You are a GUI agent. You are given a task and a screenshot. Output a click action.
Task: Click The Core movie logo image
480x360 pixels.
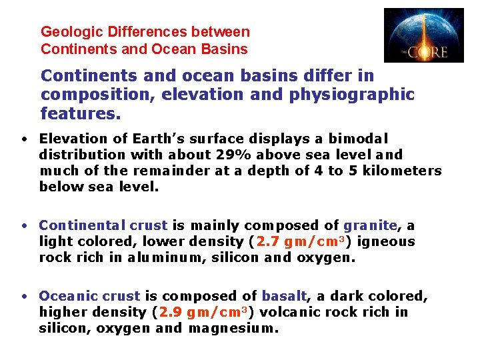click(x=423, y=35)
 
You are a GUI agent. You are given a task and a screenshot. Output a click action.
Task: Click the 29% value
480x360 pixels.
click(x=232, y=155)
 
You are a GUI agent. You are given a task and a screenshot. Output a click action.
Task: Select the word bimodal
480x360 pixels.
click(x=354, y=139)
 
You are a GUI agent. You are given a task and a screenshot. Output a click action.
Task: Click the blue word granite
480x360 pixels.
click(x=370, y=225)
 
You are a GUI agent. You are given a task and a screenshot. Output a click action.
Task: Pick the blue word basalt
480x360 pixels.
click(x=284, y=296)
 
